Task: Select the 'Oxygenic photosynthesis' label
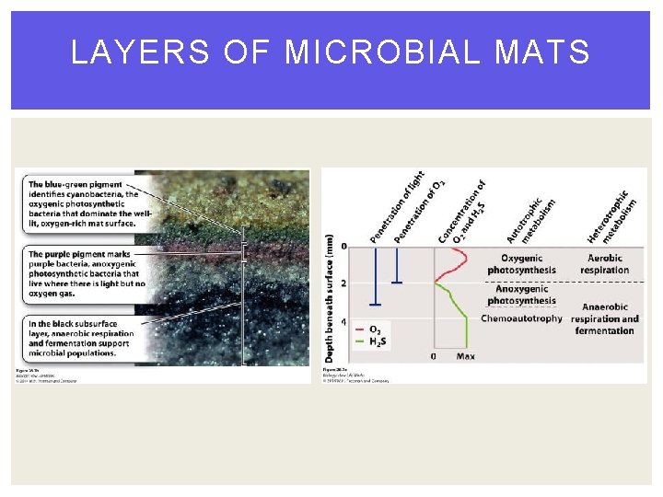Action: click(x=521, y=264)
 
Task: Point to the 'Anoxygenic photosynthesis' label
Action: click(x=521, y=295)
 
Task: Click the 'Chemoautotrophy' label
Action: click(x=521, y=318)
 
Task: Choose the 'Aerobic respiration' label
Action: click(x=604, y=264)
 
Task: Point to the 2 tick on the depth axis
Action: click(x=344, y=283)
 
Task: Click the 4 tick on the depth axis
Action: click(x=344, y=322)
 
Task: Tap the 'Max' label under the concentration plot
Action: click(x=465, y=356)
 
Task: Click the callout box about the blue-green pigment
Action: click(x=84, y=202)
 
